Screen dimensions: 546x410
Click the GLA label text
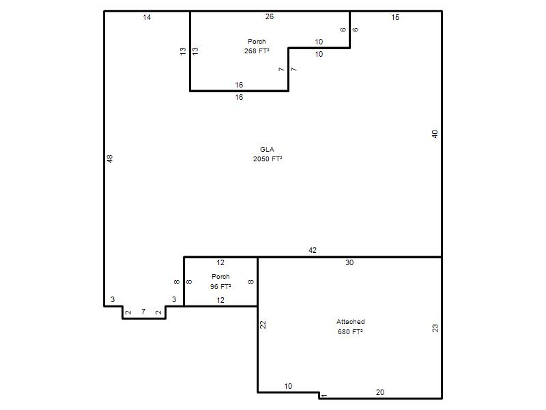point(267,149)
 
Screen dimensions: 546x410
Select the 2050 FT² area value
point(268,159)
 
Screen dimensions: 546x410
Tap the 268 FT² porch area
point(257,51)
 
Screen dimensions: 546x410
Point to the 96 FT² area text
point(220,286)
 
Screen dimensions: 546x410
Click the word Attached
point(350,321)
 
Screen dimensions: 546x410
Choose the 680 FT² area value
point(350,331)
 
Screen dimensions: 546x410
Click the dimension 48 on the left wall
point(110,159)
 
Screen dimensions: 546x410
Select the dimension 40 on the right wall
point(435,134)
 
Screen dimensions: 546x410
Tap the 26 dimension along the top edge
point(270,16)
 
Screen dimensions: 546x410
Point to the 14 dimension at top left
point(147,17)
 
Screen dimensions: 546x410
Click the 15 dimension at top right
point(395,17)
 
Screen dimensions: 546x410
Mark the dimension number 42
point(313,250)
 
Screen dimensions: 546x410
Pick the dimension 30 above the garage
point(349,262)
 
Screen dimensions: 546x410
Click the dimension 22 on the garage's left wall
point(263,325)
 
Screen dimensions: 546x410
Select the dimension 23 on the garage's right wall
point(435,328)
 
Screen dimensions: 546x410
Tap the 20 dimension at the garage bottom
point(380,392)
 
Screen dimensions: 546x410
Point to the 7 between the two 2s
point(143,312)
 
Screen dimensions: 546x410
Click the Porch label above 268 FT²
point(257,41)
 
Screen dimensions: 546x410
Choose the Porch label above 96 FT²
point(220,277)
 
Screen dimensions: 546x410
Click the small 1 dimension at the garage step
point(324,396)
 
